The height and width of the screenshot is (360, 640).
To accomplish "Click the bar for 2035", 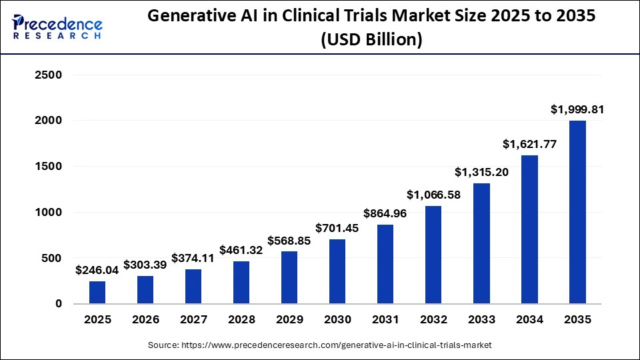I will coord(577,212).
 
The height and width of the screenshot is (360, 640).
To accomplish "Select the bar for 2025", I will coord(97,292).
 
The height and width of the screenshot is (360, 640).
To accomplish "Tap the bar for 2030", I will coord(337,271).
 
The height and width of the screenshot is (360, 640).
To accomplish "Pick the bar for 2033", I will coord(481,243).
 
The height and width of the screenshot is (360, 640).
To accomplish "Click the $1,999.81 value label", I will coord(577,110).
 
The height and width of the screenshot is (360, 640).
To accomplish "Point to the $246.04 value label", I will coord(97,270).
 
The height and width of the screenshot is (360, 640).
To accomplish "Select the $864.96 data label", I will coord(385,214).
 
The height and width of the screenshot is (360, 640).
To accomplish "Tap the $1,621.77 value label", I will coord(529,144).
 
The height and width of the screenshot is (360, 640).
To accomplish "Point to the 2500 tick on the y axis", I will coord(48,75).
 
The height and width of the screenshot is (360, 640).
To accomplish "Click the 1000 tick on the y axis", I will coord(48,212).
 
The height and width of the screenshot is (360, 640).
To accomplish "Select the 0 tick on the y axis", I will coord(58,304).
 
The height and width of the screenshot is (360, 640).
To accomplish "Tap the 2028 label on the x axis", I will coord(241,320).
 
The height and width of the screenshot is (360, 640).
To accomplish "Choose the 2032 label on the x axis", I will coord(433,320).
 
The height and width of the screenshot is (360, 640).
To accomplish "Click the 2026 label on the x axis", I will coord(145,320).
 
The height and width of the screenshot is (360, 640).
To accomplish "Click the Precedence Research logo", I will coord(57,27).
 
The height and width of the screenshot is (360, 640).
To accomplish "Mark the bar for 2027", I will coord(193,286).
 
